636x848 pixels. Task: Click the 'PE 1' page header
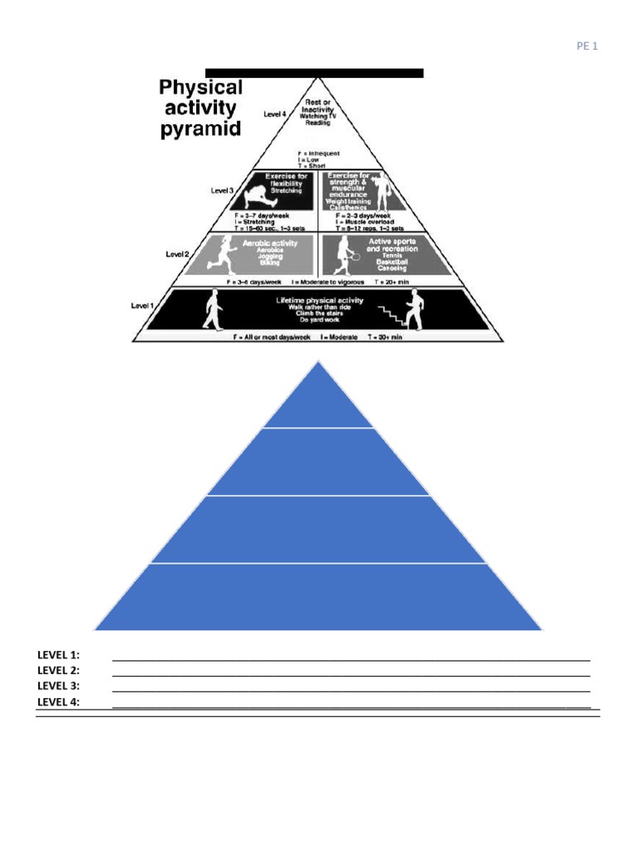pyautogui.click(x=586, y=46)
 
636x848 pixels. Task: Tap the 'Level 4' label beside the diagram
pyautogui.click(x=275, y=114)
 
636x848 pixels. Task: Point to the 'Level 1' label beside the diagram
pyautogui.click(x=142, y=306)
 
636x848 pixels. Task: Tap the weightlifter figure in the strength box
pyautogui.click(x=383, y=190)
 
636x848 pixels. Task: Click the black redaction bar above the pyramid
pyautogui.click(x=315, y=73)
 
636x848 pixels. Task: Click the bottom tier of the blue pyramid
pyautogui.click(x=318, y=596)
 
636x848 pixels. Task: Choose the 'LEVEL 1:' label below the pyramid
pyautogui.click(x=58, y=654)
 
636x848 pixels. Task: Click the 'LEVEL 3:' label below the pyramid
pyautogui.click(x=58, y=686)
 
